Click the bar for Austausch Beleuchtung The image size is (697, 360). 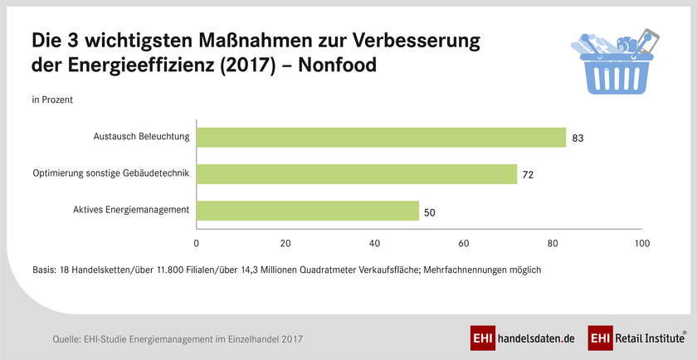381,137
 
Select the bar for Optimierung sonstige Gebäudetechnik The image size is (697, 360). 357,173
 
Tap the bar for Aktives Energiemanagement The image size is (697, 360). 308,211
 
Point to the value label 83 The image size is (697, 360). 578,139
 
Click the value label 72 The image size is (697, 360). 529,175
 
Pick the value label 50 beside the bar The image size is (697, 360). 430,212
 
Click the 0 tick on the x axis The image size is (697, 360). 197,244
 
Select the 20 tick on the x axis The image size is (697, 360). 285,244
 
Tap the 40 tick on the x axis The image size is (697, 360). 374,244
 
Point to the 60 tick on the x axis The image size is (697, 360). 463,244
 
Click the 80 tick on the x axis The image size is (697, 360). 552,244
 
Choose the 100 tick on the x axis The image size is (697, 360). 641,244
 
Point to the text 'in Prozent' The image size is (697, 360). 51,100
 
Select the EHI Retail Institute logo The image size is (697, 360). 636,338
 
